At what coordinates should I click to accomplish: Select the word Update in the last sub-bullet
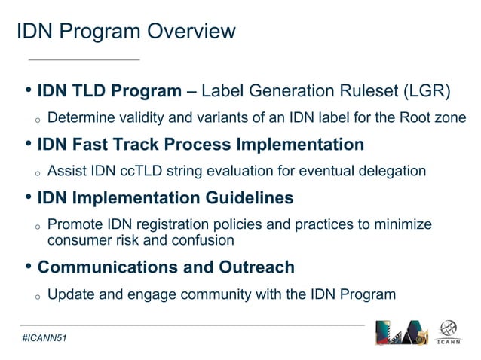tap(71, 294)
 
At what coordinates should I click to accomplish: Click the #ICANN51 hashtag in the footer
tap(44, 339)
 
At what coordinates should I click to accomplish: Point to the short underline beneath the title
tap(84, 59)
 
